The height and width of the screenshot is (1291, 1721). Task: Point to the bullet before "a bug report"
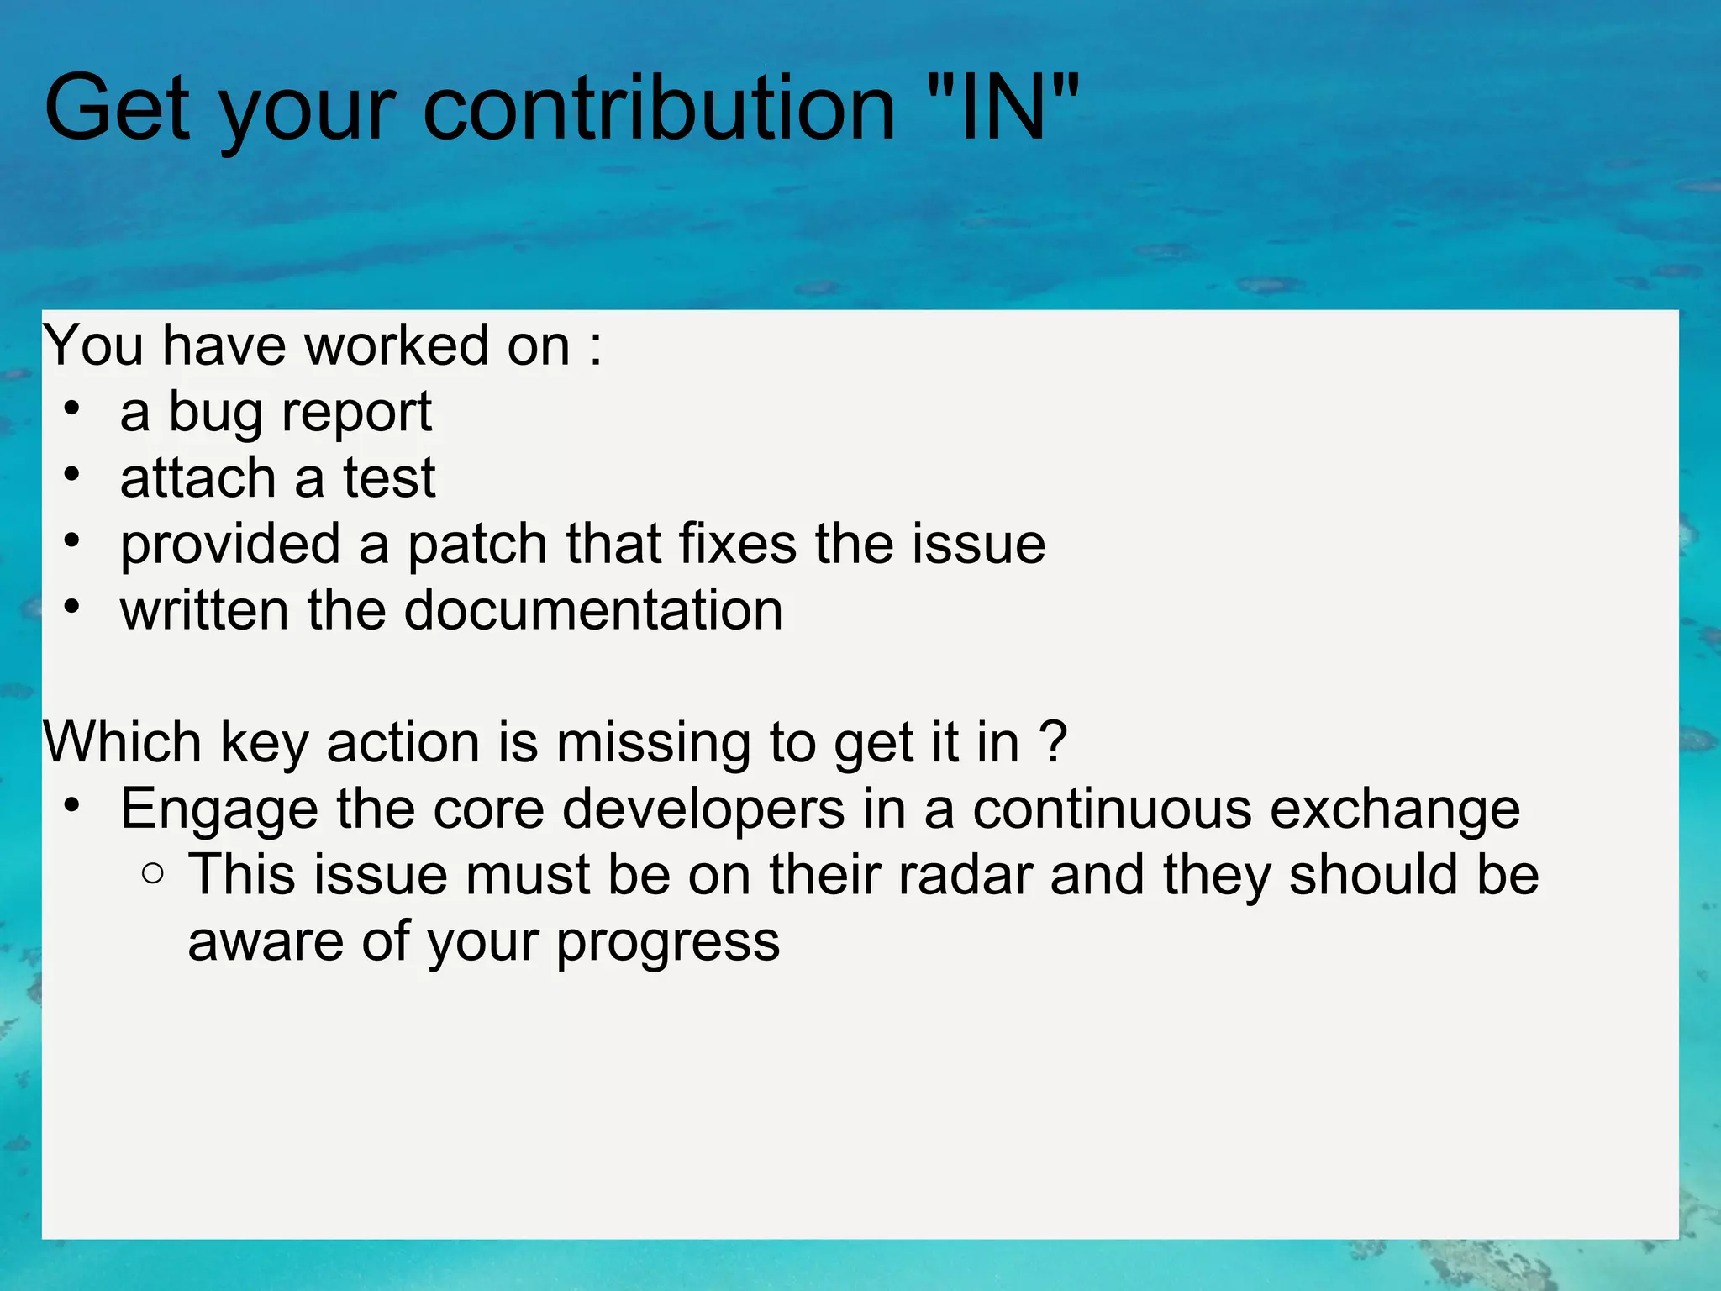tap(72, 408)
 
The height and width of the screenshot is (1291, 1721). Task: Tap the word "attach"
tap(197, 478)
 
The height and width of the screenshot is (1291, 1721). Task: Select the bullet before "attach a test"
tap(72, 475)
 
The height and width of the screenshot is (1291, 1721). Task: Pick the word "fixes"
tap(737, 544)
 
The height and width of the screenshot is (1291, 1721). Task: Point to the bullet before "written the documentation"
tap(72, 607)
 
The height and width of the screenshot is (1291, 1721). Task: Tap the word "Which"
tap(123, 743)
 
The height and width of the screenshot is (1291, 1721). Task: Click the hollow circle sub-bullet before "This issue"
tap(153, 874)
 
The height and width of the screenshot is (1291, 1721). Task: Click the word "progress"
tap(668, 943)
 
